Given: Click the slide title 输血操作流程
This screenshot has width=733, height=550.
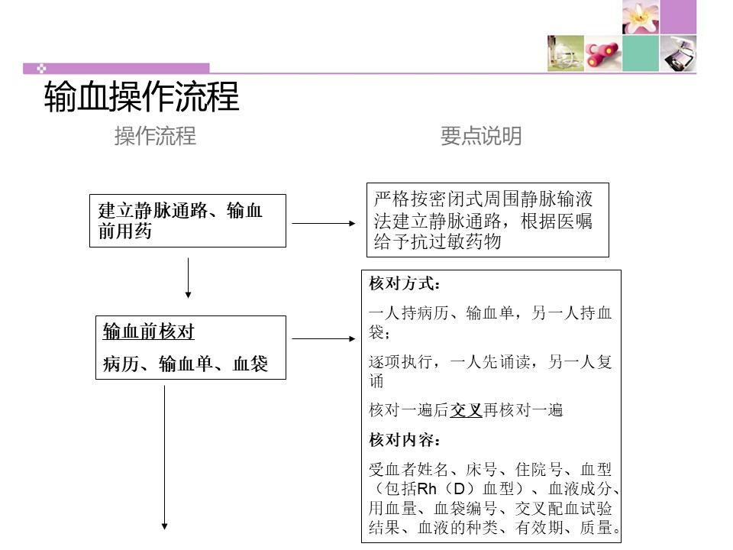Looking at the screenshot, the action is pos(142,96).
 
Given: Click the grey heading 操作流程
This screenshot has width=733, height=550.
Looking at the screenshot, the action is pos(155,136).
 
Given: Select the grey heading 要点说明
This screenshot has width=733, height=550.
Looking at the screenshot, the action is pos(481,136).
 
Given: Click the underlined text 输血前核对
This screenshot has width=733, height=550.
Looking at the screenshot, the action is pos(149,332).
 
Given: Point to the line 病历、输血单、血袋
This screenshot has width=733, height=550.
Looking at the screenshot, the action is pos(186,364).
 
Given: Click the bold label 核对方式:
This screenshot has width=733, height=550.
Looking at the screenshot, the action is pos(405,283).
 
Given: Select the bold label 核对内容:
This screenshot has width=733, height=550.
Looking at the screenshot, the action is pos(405,440).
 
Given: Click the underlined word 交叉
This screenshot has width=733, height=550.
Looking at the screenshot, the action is pos(466,410).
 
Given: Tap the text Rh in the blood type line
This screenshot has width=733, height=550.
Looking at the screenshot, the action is pos(426,489).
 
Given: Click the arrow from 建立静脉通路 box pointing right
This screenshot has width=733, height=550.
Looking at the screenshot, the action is pos(324,224).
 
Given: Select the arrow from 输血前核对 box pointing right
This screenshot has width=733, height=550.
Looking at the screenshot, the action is pos(324,338).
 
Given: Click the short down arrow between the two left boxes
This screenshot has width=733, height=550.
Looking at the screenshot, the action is pos(188,278).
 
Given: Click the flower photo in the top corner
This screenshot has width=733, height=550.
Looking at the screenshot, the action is pos(641,17).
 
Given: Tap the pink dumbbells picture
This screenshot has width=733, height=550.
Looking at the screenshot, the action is pos(603,53).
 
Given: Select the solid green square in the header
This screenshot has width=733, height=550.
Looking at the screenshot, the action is pos(641,53).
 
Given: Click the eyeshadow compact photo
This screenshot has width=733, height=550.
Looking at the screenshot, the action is pos(678,53).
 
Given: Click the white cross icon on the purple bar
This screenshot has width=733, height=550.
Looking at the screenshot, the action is pos(41,69).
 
